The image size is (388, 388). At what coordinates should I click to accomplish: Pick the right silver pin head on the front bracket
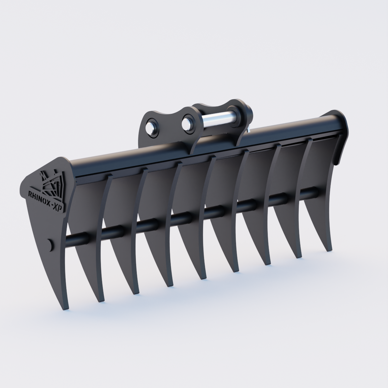click(x=187, y=123)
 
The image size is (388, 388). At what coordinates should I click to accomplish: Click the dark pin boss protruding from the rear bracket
click(x=250, y=113)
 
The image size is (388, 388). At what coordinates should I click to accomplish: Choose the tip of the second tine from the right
click(x=297, y=257)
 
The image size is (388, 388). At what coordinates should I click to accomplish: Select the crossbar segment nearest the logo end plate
click(x=78, y=239)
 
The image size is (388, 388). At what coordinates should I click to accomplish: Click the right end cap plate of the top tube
click(x=341, y=136)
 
